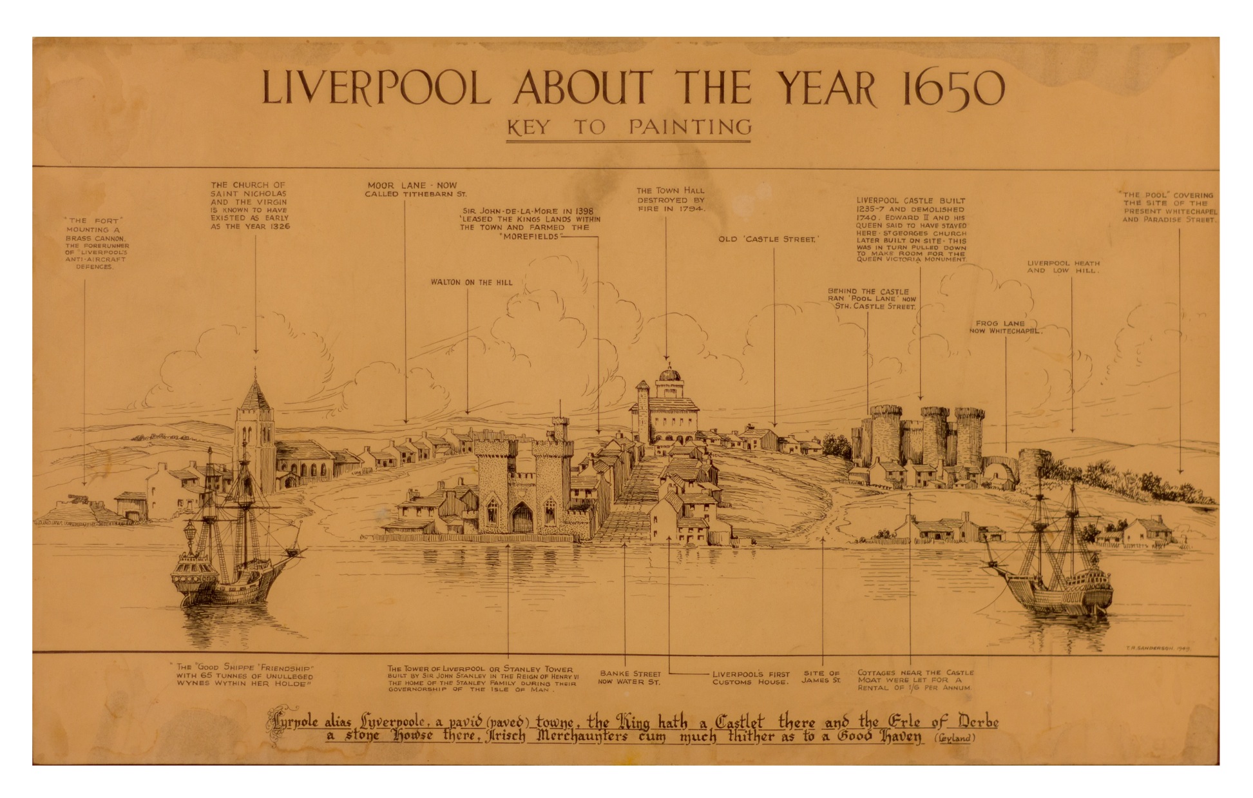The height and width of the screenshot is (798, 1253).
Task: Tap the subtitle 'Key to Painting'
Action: [x=628, y=127]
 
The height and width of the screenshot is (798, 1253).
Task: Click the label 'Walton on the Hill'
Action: [x=472, y=282]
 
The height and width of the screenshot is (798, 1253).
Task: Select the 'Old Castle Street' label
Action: [x=769, y=239]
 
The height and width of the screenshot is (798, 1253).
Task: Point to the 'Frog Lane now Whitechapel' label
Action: [x=1005, y=327]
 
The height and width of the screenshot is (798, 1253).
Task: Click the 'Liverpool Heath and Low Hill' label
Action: [x=1063, y=267]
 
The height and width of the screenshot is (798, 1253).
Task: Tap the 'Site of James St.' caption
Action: [x=821, y=677]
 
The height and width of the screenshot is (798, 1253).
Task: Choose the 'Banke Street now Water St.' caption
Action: [x=629, y=677]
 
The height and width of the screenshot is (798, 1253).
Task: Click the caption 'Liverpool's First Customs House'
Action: [x=751, y=678]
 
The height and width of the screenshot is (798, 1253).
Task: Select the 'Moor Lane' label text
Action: [x=416, y=190]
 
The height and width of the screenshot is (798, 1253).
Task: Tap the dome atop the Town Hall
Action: [x=669, y=373]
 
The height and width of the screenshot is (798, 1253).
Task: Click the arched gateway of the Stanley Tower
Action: [x=521, y=518]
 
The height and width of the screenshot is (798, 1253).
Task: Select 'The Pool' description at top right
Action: [x=1169, y=207]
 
